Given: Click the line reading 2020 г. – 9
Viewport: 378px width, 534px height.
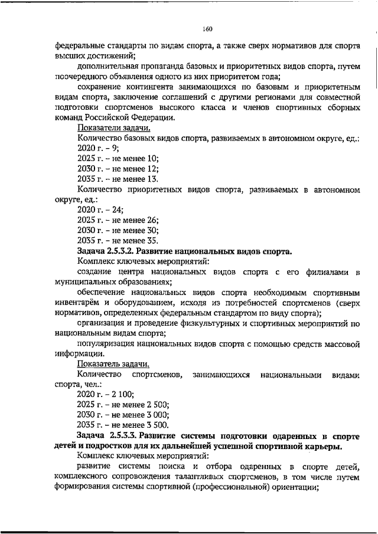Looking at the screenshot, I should coord(98,149).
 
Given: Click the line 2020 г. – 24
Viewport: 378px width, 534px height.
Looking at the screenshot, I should coord(100,211).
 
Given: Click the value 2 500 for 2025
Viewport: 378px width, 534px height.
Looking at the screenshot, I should coord(156,404).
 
